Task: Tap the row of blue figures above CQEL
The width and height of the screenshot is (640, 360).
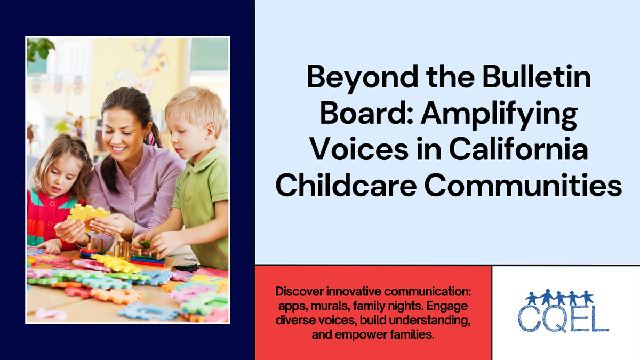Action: pyautogui.click(x=559, y=297)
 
